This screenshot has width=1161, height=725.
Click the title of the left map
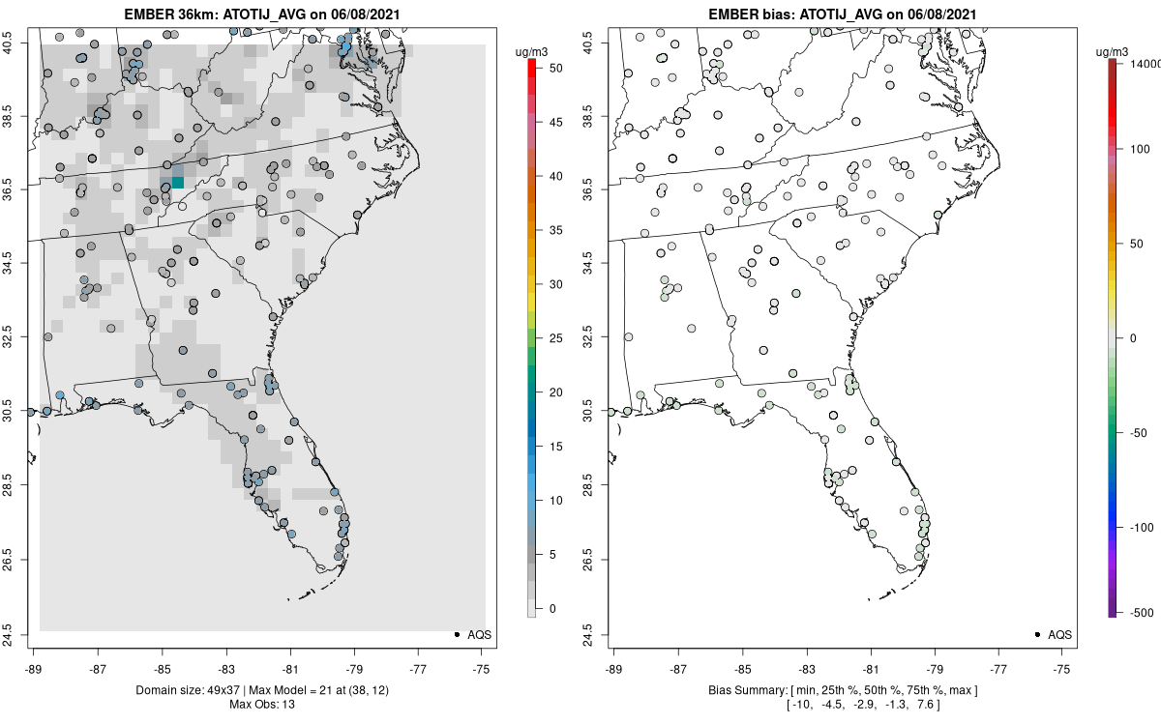(x=260, y=14)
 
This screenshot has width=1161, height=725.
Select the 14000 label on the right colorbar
(x=1144, y=62)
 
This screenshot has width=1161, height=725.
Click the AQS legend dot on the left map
(x=456, y=634)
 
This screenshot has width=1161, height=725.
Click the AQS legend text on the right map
(x=1059, y=635)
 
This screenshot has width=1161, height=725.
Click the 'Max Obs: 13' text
(x=260, y=704)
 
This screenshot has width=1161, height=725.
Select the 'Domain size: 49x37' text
(x=179, y=690)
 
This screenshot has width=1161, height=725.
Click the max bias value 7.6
(x=943, y=705)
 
